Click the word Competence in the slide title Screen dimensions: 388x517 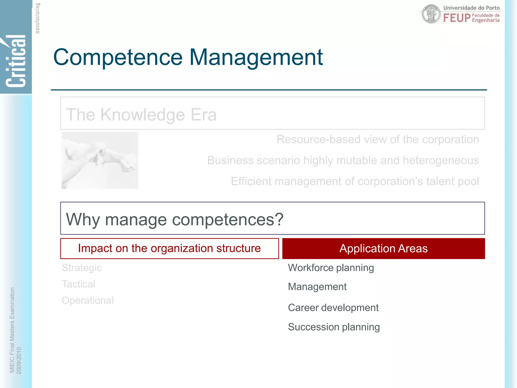[118, 58]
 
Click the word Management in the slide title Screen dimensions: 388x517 [256, 58]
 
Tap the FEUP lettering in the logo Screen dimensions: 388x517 [457, 18]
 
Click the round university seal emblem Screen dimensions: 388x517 [431, 14]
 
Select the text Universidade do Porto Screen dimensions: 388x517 [471, 8]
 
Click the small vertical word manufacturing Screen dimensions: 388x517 [37, 18]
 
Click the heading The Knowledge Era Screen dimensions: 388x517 [141, 115]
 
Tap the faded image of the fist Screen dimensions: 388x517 [100, 160]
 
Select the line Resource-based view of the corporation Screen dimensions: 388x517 [378, 139]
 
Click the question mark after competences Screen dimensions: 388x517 [279, 219]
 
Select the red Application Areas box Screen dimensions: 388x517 [383, 249]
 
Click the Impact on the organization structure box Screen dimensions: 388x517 [169, 249]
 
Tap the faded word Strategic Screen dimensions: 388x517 [82, 268]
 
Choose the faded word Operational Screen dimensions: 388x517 [88, 301]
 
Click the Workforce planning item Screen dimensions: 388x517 [331, 268]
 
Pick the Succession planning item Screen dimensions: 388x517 [334, 327]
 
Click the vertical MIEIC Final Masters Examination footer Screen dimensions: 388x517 [12, 330]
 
